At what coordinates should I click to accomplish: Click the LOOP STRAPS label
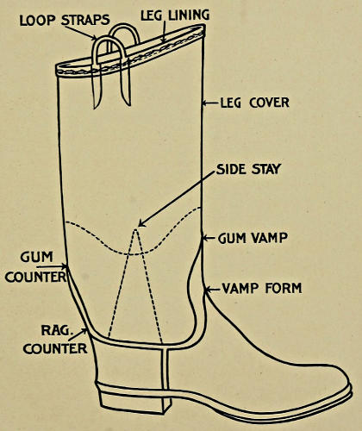coord(65,20)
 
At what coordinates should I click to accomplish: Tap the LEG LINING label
coord(175,15)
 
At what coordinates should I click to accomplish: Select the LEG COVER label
coord(254,103)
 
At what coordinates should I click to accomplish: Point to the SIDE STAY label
coord(248,169)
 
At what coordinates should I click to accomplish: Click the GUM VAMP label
coord(253,238)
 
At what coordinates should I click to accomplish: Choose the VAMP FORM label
coord(262,288)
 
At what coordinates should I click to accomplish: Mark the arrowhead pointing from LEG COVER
coord(204,103)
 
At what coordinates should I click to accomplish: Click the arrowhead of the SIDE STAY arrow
coord(141,223)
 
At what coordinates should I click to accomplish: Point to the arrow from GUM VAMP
coord(209,238)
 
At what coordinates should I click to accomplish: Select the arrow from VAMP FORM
coord(213,289)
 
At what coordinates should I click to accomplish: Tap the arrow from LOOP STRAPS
coord(81,33)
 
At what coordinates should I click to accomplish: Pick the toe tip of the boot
coord(350,386)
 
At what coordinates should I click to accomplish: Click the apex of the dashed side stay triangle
coord(135,229)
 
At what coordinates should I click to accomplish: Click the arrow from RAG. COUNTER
coord(78,334)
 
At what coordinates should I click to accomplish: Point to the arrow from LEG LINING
coord(164,32)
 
